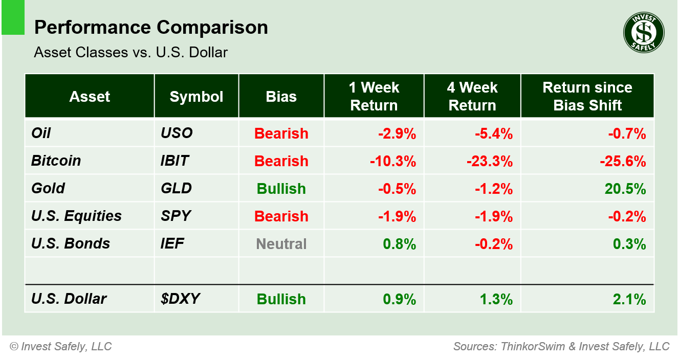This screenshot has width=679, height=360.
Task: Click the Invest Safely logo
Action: click(x=643, y=33)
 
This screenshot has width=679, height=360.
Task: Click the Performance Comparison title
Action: click(x=151, y=28)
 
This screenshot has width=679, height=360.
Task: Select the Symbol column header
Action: click(x=196, y=97)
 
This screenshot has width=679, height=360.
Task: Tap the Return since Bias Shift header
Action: click(x=587, y=97)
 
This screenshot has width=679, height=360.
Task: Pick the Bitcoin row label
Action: click(x=56, y=161)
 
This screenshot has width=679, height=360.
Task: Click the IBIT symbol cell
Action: click(x=174, y=161)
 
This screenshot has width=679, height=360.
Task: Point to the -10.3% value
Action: click(x=393, y=161)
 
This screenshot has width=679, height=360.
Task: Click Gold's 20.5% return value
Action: click(x=625, y=189)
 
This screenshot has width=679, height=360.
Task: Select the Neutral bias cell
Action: click(x=281, y=244)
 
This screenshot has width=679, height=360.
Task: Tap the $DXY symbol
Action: click(x=177, y=299)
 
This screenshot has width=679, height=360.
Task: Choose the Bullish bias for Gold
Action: click(x=281, y=189)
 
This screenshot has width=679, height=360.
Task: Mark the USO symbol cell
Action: click(x=177, y=133)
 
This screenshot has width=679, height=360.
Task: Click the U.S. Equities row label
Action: click(x=76, y=216)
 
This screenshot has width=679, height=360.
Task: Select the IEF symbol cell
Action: click(x=172, y=243)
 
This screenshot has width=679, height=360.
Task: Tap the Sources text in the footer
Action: click(x=561, y=347)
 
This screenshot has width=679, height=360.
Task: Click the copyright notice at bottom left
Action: click(x=60, y=347)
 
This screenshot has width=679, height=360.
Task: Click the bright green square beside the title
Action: click(x=13, y=18)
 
